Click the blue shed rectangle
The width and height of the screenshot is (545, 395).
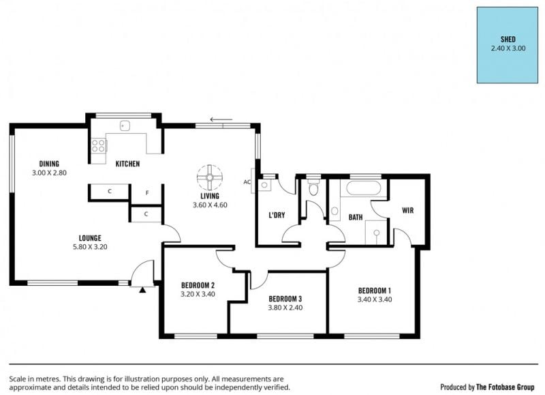(x=507, y=45)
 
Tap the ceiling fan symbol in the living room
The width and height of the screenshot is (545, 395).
(x=210, y=177)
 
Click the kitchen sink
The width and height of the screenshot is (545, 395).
(x=125, y=126)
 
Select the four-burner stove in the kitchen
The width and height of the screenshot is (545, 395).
(x=98, y=145)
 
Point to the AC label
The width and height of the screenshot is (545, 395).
(x=247, y=182)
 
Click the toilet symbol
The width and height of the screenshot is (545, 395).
(x=313, y=188)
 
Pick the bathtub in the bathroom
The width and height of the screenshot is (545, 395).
(x=364, y=188)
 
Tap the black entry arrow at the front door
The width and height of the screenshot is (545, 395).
(x=142, y=290)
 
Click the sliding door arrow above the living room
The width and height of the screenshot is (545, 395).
(x=221, y=119)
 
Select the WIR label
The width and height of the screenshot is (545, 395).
(x=407, y=210)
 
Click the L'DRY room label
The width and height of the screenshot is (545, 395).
(x=277, y=215)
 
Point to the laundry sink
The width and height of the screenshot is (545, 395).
(x=264, y=185)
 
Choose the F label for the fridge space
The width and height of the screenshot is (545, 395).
(x=147, y=192)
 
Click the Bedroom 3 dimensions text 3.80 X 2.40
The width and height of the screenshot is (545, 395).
(x=285, y=308)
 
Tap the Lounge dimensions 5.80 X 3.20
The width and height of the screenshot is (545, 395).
(x=90, y=247)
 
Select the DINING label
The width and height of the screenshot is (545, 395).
(x=49, y=164)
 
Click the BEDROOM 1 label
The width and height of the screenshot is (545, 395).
(x=375, y=291)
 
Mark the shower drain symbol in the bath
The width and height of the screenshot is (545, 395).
(x=377, y=233)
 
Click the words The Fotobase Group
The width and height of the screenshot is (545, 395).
(x=505, y=387)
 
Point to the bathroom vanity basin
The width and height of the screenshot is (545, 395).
(x=334, y=211)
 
